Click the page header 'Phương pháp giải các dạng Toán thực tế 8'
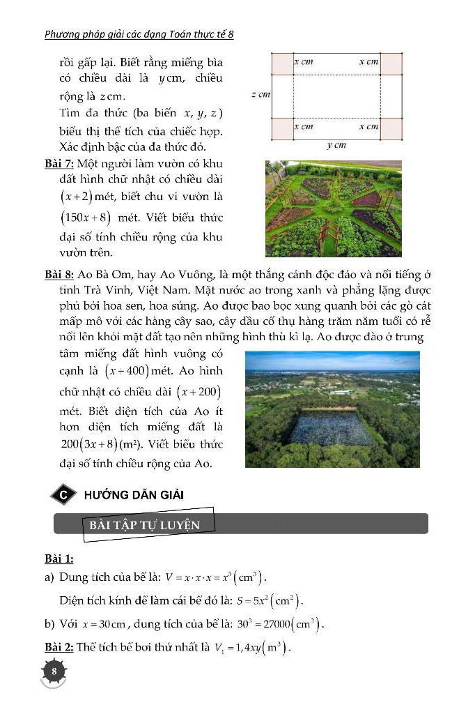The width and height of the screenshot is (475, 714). click(139, 33)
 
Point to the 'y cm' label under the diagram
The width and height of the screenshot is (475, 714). click(336, 146)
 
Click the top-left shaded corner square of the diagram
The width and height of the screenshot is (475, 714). click(281, 63)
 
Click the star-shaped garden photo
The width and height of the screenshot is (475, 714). click(333, 208)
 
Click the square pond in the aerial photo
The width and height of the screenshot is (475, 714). click(332, 427)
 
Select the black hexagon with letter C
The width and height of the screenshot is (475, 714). click(63, 494)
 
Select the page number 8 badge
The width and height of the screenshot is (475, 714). click(54, 671)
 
